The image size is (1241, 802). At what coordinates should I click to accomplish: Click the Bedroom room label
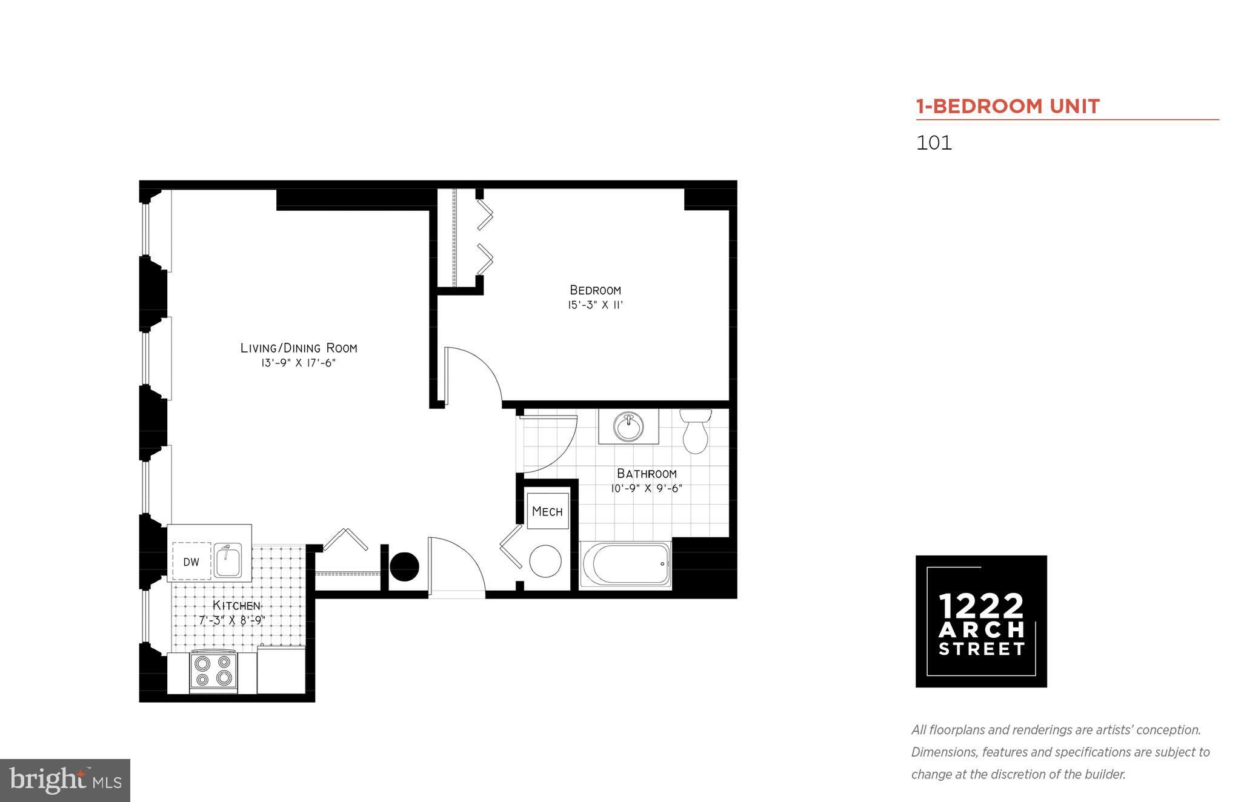(x=595, y=290)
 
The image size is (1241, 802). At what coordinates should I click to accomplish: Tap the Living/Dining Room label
(x=299, y=348)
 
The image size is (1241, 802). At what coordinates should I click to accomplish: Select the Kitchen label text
(x=236, y=606)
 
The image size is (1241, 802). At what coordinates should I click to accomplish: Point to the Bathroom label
(x=647, y=474)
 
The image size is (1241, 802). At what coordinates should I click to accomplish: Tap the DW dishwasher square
(x=191, y=562)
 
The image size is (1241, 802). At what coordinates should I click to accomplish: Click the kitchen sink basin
(x=228, y=560)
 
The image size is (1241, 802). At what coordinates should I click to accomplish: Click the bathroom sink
(x=628, y=427)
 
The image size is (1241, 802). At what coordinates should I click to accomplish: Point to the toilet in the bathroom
(x=695, y=431)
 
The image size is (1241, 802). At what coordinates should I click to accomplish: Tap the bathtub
(x=625, y=564)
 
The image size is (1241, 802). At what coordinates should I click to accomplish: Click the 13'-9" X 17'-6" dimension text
(x=295, y=363)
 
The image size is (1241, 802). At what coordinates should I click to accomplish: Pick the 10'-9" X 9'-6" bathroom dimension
(x=647, y=489)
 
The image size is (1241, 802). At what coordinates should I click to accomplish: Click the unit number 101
(x=934, y=143)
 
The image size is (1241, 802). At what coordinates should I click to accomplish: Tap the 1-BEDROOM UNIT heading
(x=1007, y=107)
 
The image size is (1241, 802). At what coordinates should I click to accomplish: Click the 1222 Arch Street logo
(x=981, y=621)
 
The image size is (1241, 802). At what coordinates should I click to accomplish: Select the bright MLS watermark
(x=65, y=781)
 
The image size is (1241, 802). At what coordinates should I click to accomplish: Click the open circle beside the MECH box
(x=545, y=561)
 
